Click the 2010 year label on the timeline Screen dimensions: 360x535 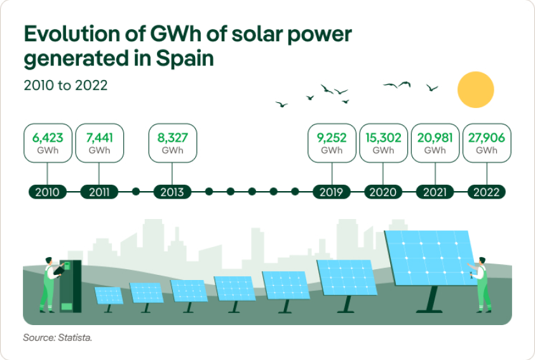[48, 192]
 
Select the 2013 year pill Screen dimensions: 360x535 [172, 192]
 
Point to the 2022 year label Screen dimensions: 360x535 [486, 192]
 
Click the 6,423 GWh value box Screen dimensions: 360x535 [48, 143]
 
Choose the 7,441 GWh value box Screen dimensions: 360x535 [99, 143]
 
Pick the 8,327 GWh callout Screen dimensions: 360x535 [172, 143]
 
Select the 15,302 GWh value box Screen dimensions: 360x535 [383, 143]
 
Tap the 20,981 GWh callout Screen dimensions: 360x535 [435, 143]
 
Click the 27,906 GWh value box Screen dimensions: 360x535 [486, 143]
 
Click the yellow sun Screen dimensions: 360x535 [475, 90]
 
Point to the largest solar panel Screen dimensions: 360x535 [430, 257]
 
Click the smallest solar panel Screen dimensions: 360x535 [109, 295]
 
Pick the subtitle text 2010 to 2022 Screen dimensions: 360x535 [65, 85]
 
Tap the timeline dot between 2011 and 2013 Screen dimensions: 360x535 [135, 192]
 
